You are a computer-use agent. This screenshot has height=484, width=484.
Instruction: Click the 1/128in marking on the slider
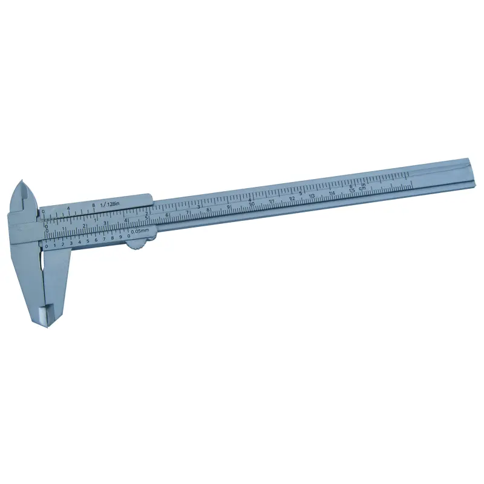[x=112, y=204]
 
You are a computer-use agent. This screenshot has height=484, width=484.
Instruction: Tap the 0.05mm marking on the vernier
[x=140, y=231]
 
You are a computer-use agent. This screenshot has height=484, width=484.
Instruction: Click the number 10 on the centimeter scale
[x=252, y=204]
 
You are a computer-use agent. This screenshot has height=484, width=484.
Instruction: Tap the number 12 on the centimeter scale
[x=292, y=198]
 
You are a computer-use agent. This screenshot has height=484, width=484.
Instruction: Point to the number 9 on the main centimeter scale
[x=228, y=207]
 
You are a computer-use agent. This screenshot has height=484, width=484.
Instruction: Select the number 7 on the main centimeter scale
[x=188, y=212]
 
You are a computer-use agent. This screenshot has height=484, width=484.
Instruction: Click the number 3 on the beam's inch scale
[x=198, y=206]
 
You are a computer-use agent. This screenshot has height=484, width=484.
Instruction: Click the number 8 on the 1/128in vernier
[x=94, y=206]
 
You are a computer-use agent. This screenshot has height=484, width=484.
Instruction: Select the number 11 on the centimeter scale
[x=272, y=201]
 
